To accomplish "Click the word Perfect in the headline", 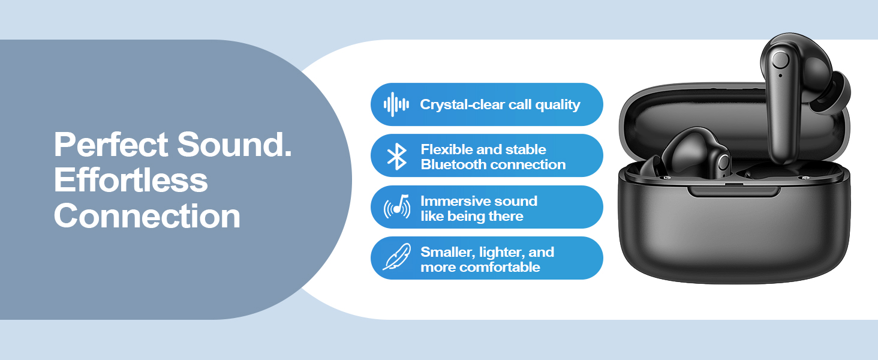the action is pos(112,145).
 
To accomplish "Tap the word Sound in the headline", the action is pos(234,145).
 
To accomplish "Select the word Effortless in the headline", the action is pos(131,180).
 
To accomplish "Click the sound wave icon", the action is pos(396,104).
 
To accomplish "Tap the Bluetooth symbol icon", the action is pos(396,157).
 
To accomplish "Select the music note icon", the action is pos(397,206).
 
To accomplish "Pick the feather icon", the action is pos(396,257).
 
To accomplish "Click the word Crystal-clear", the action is pos(462,104).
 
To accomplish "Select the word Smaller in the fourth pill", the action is pos(448,252).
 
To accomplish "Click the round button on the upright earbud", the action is pos(780,61).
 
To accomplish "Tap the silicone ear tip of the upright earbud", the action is pos(835,93).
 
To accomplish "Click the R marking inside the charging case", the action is pos(804,178).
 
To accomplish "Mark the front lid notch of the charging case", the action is pos(733,191).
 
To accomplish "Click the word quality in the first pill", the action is pos(558,105).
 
